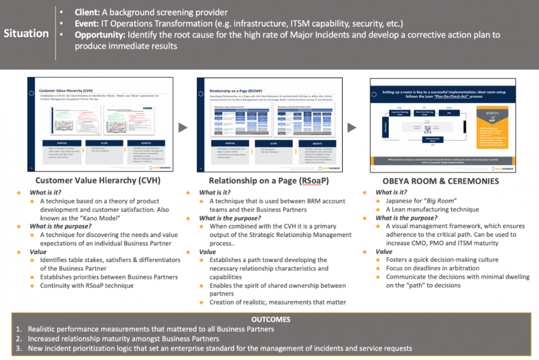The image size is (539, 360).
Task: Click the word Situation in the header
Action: [26, 33]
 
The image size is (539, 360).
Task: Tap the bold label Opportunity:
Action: [100, 35]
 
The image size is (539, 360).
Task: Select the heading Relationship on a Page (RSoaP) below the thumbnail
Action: [269, 181]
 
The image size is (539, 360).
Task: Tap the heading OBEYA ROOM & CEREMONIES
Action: [441, 181]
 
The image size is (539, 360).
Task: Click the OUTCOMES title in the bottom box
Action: [271, 319]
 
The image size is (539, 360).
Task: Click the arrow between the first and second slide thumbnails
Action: [183, 128]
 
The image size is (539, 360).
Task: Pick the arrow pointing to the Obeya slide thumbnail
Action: [352, 128]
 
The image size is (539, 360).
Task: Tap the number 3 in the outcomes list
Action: [18, 348]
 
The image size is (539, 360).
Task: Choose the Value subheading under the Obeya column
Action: [384, 252]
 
